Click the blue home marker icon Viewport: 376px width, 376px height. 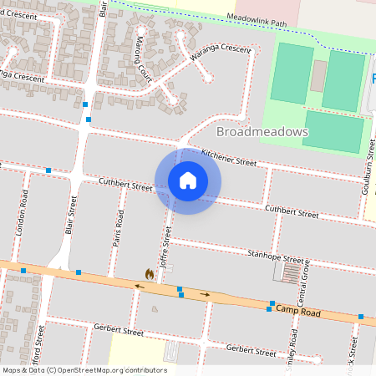(x=188, y=180)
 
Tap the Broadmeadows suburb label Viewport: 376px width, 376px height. (x=262, y=132)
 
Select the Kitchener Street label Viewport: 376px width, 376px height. (x=229, y=156)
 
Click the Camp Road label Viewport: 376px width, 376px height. (x=298, y=312)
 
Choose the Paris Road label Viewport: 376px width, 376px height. (x=119, y=230)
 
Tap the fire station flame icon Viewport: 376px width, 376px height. (x=149, y=273)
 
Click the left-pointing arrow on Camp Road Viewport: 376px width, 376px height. (x=139, y=286)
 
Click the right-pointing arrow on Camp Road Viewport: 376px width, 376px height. (x=206, y=294)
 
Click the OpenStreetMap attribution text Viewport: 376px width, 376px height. (x=84, y=370)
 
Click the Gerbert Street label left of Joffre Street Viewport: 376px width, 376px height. (x=119, y=331)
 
